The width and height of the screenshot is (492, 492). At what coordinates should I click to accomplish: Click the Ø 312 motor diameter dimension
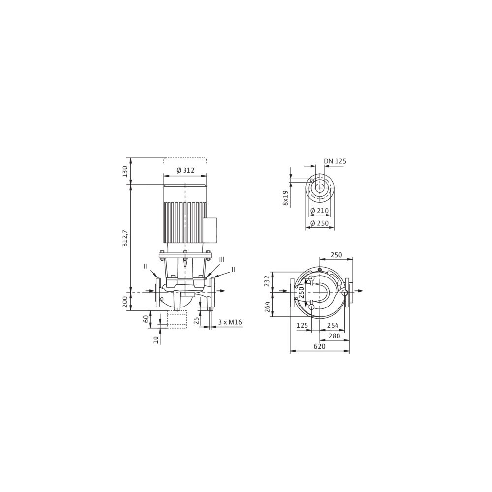click(x=185, y=170)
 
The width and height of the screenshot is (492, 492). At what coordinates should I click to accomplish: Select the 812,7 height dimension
click(x=125, y=238)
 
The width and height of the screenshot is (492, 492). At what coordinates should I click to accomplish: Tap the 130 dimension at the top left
click(x=125, y=172)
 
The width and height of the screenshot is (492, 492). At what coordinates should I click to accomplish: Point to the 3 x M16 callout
click(x=230, y=322)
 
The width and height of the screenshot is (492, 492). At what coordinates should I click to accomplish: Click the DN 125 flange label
click(x=335, y=161)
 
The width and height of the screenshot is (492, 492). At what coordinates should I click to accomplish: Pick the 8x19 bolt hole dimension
click(x=285, y=198)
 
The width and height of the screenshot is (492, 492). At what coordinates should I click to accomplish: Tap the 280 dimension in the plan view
click(x=334, y=336)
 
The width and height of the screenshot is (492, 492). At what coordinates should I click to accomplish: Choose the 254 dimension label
click(x=333, y=325)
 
